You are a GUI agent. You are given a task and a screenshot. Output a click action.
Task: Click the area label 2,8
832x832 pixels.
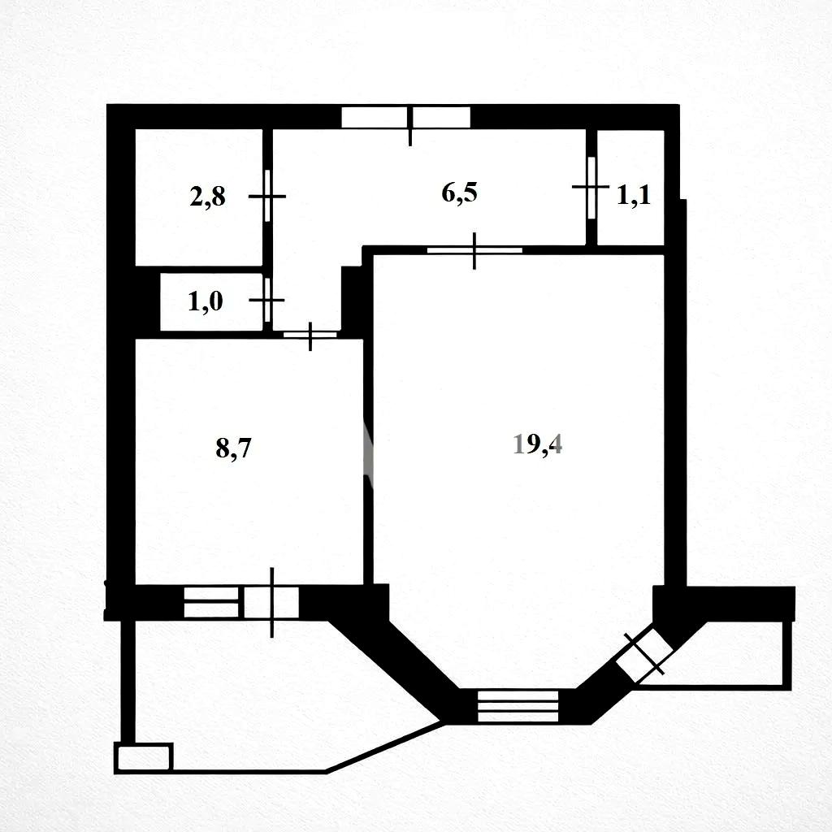207,197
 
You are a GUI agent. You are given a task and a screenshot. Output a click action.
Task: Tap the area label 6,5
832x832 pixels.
460,192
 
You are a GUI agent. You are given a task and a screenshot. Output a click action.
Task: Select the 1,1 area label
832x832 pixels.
634,195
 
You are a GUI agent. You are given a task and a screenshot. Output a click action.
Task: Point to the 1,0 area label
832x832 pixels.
206,301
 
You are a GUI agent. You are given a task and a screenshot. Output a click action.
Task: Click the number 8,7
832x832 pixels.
233,448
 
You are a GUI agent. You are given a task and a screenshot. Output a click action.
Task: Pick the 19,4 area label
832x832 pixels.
538,444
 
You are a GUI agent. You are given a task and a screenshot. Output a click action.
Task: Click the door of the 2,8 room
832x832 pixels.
267,196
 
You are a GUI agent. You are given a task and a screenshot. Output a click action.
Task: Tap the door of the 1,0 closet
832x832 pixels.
266,301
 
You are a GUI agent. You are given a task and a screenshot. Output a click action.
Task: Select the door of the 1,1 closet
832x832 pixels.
591,187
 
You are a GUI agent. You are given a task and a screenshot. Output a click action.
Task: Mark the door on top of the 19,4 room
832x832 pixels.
474,250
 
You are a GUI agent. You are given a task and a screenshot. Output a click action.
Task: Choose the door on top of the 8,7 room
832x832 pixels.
310,335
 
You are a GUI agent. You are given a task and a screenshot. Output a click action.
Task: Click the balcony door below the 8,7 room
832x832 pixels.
271,602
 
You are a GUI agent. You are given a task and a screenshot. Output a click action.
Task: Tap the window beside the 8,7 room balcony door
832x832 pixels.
210,602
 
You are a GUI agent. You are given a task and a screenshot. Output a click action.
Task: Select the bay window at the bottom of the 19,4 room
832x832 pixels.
518,706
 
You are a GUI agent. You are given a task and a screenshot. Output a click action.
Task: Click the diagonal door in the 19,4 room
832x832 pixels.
644,655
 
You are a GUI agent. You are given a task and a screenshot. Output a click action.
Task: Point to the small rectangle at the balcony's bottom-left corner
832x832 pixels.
144,757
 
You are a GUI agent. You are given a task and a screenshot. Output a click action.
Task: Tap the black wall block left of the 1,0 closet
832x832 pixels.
148,302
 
